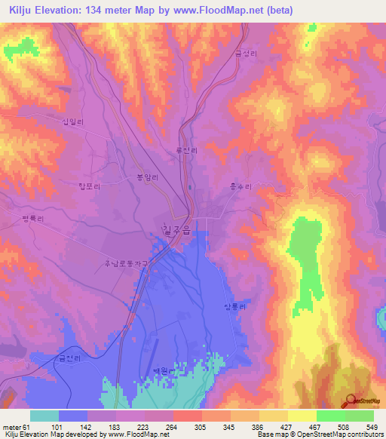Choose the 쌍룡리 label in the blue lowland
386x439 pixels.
pos(235,305)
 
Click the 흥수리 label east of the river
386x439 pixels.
pos(240,185)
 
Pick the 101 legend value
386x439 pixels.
pos(58,426)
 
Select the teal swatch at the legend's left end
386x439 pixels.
pos(44,416)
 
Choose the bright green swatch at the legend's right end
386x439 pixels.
pos(360,416)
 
